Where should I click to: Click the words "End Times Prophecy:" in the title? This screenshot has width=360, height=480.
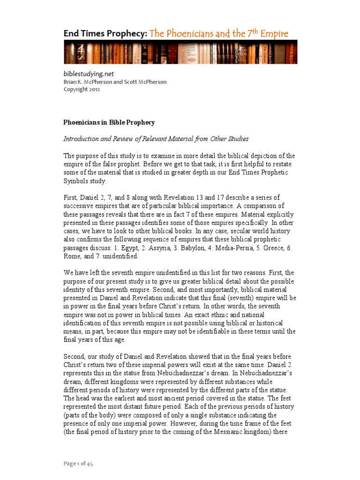[x=105, y=33]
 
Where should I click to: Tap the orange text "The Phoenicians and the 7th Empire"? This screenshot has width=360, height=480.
[x=219, y=33]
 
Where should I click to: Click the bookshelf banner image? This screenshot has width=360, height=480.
[x=180, y=52]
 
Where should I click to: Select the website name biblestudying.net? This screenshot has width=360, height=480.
[x=89, y=74]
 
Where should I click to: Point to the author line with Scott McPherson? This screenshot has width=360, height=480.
[x=115, y=82]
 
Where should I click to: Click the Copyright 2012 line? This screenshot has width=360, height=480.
[x=82, y=90]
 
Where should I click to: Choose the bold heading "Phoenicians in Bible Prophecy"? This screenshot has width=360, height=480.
[x=109, y=122]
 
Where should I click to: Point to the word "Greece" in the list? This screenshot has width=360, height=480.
[x=272, y=248]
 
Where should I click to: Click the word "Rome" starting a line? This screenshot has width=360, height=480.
[x=71, y=256]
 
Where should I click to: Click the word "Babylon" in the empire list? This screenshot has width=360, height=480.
[x=200, y=248]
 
